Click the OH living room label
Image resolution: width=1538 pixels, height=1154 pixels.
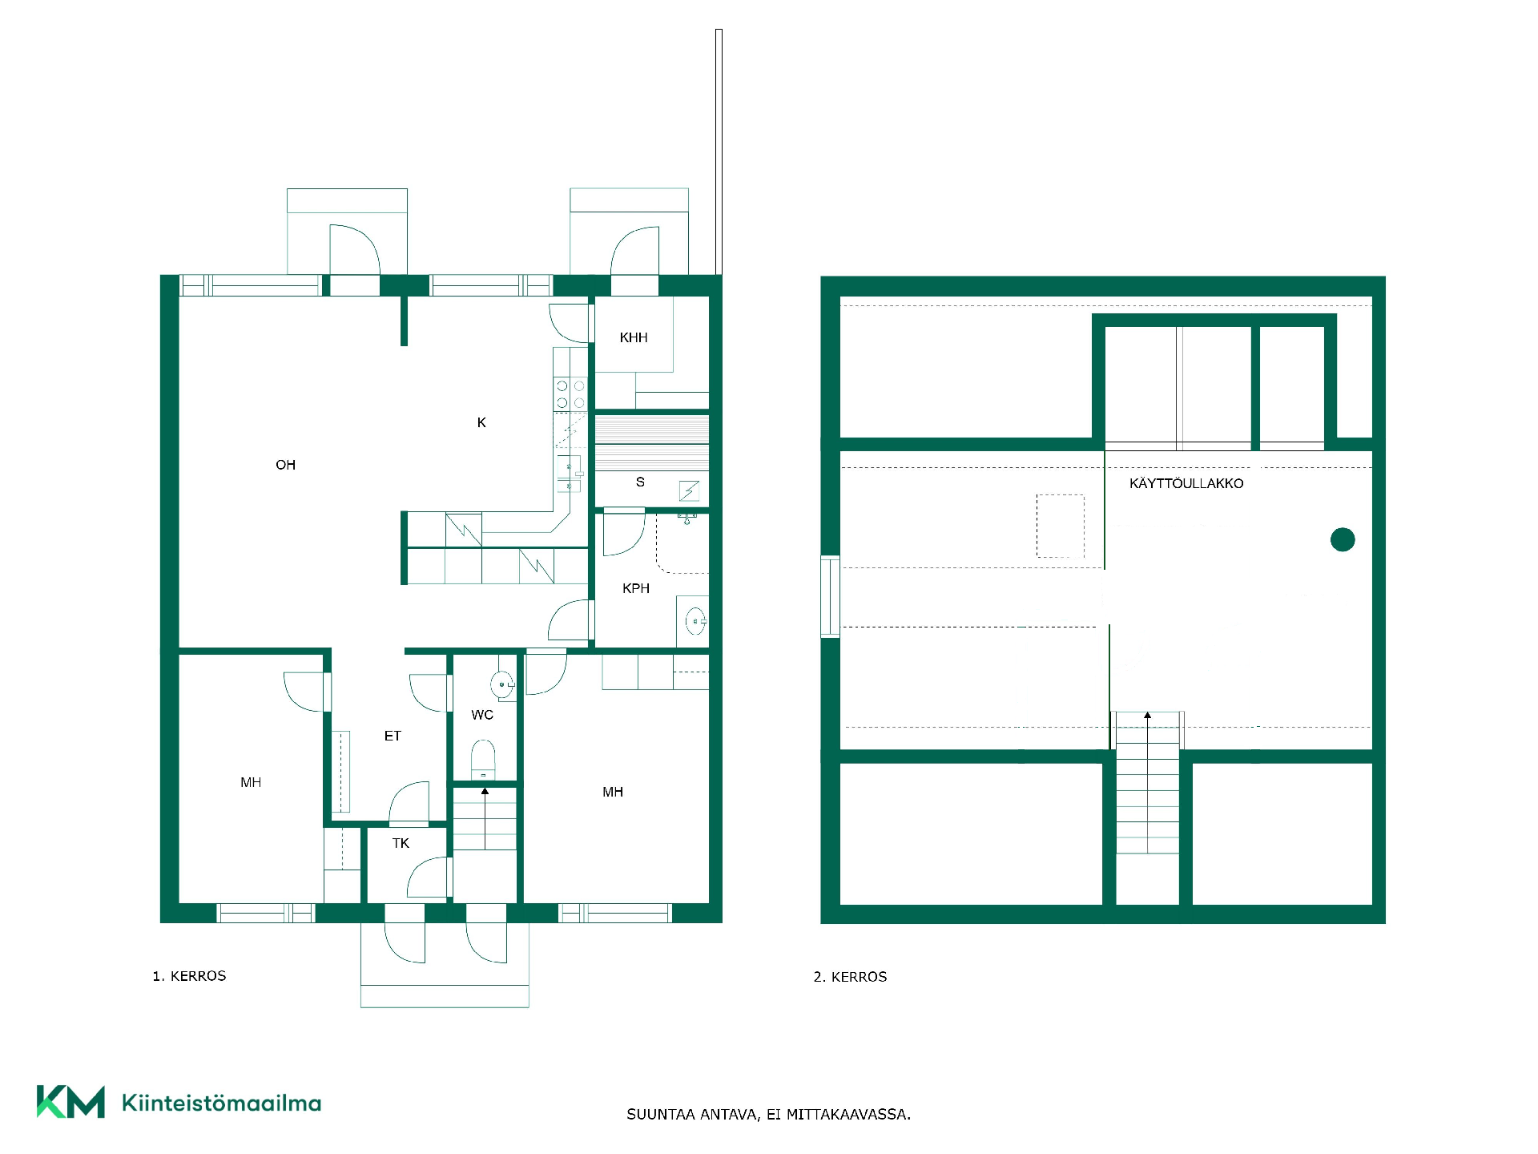285,465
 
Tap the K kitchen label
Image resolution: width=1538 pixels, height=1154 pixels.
481,422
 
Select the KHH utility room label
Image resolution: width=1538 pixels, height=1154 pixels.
634,337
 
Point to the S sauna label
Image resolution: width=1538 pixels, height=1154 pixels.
640,482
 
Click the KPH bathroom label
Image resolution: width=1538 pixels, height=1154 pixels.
636,588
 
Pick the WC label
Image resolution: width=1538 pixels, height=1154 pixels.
482,715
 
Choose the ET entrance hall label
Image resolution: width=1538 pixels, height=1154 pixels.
393,736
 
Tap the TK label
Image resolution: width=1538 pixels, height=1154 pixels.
401,843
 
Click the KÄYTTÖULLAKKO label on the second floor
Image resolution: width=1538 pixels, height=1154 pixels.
1186,483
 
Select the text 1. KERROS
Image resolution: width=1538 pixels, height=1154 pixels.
189,976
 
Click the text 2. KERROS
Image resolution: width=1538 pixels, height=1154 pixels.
850,977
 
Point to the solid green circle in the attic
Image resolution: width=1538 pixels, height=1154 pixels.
1343,540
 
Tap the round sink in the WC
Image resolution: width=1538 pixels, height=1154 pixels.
502,684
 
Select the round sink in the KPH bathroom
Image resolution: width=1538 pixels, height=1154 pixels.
695,620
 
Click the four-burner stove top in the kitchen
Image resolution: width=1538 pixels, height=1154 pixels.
570,394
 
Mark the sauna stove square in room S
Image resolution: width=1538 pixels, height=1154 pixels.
690,490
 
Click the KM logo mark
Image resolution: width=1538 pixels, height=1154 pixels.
70,1102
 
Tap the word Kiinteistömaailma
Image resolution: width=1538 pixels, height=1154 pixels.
221,1103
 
